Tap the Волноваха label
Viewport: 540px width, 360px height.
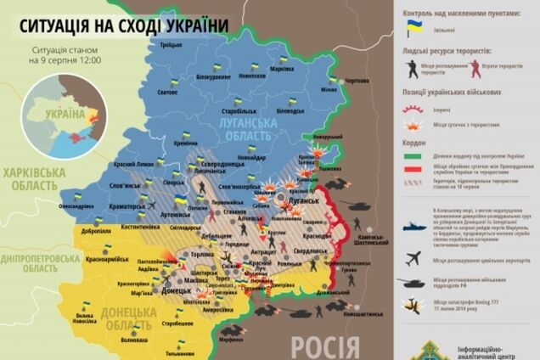point(135,340)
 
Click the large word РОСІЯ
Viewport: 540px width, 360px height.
point(324,345)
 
